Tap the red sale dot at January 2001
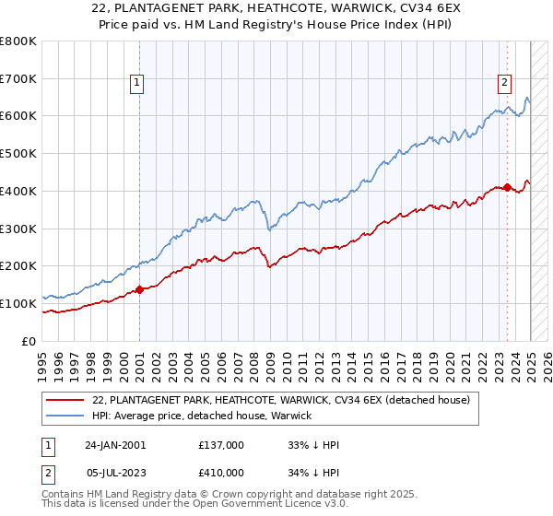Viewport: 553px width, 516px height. point(139,289)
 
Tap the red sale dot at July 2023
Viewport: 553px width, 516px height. point(508,187)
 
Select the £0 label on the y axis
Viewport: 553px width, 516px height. point(28,341)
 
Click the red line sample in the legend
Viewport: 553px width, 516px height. point(65,401)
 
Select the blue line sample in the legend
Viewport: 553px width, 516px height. point(65,416)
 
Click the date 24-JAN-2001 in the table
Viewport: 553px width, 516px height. point(115,445)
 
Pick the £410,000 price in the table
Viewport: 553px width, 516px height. point(221,473)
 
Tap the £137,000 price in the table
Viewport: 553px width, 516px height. point(221,445)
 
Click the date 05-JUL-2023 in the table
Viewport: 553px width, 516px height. point(115,473)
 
